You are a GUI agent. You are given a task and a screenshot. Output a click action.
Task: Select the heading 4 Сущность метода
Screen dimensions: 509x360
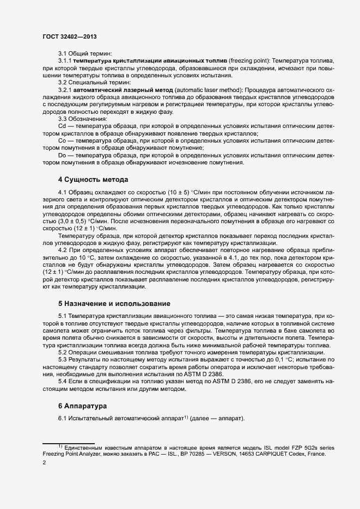93,179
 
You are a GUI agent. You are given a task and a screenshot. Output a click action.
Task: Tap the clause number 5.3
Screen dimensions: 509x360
63,359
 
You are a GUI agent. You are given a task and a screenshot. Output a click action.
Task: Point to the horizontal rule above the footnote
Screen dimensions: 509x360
69,443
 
